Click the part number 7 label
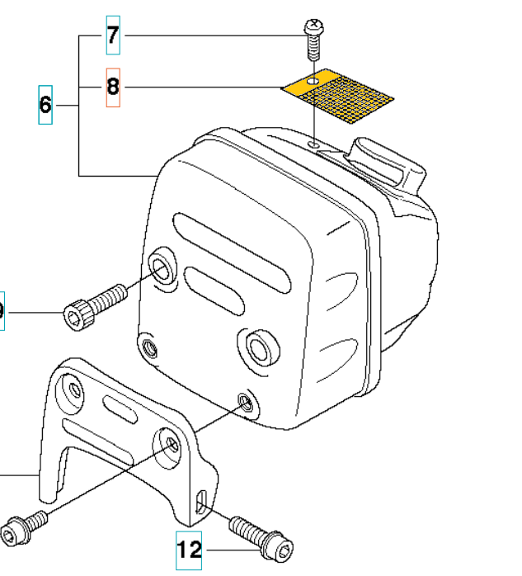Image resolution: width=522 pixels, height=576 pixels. click(x=113, y=35)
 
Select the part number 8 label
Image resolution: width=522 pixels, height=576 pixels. click(x=113, y=87)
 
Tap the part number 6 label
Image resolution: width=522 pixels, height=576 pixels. click(x=45, y=105)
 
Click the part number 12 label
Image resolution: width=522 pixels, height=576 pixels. click(x=189, y=549)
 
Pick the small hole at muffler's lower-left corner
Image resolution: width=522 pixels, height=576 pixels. click(x=149, y=345)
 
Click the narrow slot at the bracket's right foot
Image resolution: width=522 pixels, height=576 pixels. click(x=203, y=502)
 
